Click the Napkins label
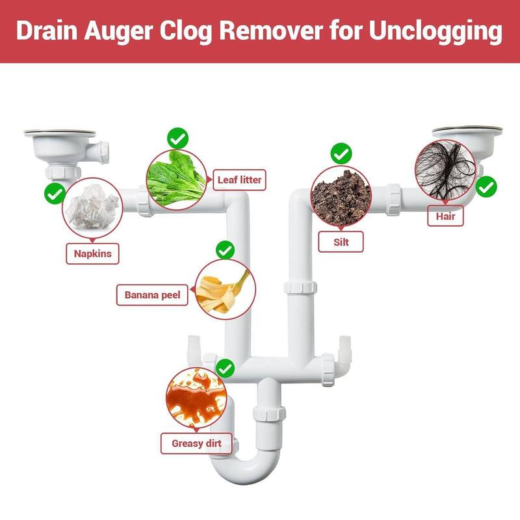(93, 253)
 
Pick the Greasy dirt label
(196, 444)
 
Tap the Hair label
(445, 215)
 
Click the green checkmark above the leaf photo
(177, 138)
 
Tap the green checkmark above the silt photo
(341, 154)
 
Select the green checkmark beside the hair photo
(486, 187)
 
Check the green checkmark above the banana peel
(225, 250)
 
